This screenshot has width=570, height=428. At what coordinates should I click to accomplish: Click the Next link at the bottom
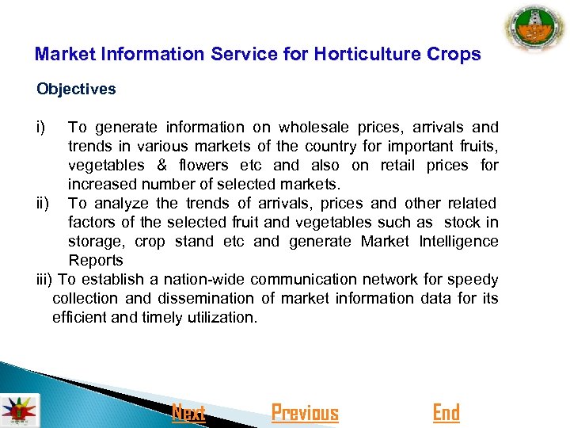point(188,413)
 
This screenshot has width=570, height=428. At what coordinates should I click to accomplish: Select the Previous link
point(305,413)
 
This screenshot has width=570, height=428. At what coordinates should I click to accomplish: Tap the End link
point(446,413)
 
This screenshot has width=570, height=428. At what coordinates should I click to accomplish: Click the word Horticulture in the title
point(363,55)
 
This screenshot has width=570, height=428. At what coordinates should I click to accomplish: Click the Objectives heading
point(76,89)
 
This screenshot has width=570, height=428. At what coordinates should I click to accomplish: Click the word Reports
point(96,260)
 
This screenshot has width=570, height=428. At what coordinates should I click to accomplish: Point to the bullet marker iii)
point(46,279)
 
